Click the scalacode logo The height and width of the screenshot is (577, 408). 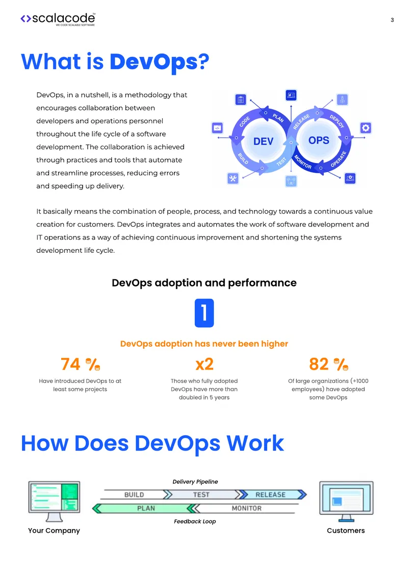point(58,19)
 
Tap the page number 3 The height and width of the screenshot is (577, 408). point(392,20)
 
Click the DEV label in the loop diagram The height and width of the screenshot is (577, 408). point(263,141)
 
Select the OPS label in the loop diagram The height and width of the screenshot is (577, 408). point(319,140)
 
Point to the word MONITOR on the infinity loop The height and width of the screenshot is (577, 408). point(303,162)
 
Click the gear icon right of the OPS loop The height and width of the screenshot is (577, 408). point(366,128)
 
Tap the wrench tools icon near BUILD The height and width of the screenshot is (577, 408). point(233,178)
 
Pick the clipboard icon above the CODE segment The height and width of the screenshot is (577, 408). point(240,99)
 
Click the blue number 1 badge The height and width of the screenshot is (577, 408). point(205,313)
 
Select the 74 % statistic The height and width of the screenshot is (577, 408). point(80,364)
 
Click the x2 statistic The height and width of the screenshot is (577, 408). point(205,364)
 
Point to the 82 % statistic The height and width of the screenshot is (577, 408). point(328,364)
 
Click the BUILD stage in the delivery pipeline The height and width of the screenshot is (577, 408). point(135,494)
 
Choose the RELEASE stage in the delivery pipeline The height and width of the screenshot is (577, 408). point(272,494)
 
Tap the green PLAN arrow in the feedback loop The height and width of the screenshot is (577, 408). point(144,508)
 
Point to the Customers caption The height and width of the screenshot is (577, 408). point(346,531)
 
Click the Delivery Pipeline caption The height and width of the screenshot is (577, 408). point(195,482)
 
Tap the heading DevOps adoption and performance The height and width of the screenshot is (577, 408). point(204,282)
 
